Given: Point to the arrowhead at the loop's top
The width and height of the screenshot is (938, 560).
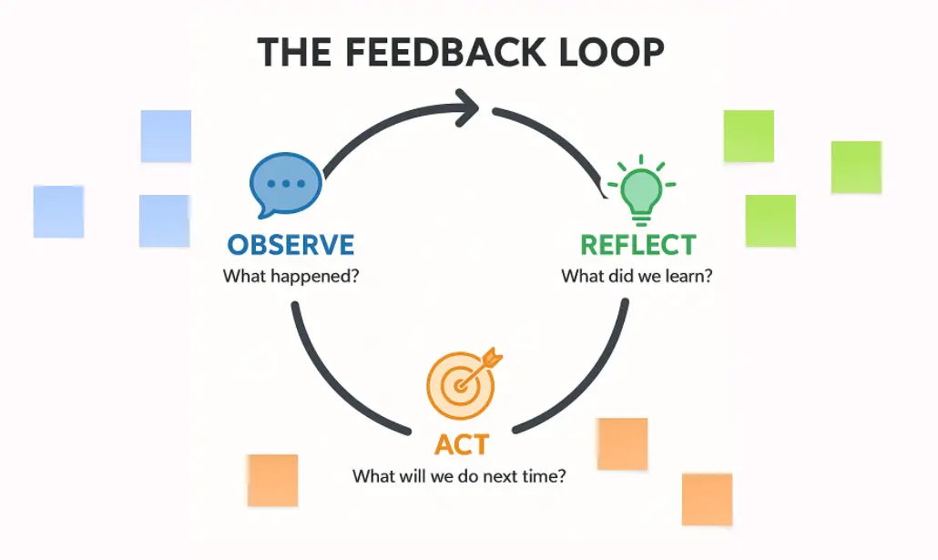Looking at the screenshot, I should point(469,109).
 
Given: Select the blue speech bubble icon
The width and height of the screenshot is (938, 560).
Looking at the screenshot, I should point(287,185).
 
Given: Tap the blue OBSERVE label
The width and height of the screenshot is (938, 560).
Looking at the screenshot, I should point(291,245).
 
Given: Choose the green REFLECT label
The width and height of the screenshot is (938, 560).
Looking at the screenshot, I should point(637,245).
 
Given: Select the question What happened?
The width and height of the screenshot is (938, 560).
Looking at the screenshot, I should point(291,275).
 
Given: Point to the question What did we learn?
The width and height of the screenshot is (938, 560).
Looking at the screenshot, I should point(637,275).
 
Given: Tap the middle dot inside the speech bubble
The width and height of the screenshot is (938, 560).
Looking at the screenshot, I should point(288,183).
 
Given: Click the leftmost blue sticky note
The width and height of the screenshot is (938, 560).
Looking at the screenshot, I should point(58,211).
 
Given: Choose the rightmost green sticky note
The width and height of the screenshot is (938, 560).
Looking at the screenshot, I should point(856,167).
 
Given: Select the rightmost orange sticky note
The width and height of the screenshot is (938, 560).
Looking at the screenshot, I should point(707,499).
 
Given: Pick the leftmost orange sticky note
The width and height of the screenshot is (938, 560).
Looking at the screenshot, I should point(272,480).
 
